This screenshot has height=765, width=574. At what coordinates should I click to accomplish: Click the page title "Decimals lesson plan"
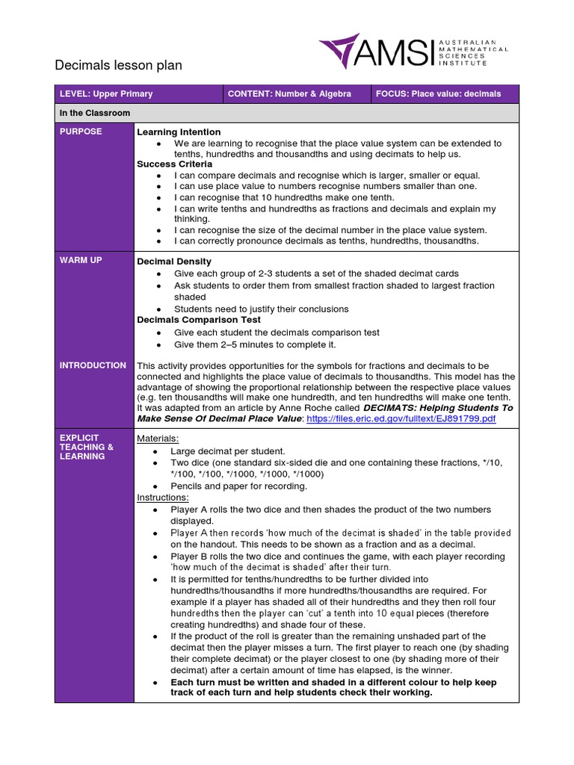click(x=118, y=66)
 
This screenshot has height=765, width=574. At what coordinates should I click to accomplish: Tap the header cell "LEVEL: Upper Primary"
click(x=106, y=94)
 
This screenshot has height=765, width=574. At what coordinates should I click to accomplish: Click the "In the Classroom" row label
click(x=95, y=113)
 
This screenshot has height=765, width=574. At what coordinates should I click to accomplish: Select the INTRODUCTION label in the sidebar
click(x=93, y=365)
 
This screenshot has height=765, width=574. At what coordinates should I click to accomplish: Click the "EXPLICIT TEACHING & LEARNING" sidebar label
click(x=87, y=447)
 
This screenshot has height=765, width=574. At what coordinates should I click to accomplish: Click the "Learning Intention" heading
click(x=179, y=132)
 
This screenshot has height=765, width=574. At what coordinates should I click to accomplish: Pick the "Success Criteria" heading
click(x=175, y=164)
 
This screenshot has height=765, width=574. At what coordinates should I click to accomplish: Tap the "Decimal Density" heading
click(x=174, y=261)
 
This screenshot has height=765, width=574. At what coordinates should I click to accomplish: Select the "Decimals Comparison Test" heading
click(x=199, y=320)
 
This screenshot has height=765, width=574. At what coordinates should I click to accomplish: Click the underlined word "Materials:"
click(x=158, y=439)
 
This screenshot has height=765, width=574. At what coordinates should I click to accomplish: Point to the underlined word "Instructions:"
click(x=163, y=498)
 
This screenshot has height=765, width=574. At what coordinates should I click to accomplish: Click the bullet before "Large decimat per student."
click(x=155, y=452)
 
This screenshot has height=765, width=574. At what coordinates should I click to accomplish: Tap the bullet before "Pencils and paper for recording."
click(x=155, y=486)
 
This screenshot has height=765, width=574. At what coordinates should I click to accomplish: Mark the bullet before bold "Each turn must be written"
click(x=155, y=683)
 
